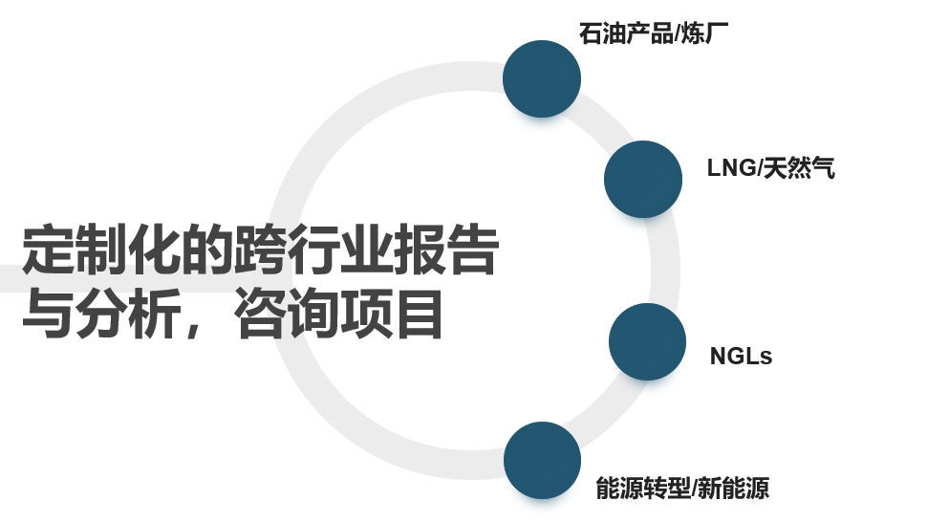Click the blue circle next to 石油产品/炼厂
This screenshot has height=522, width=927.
pyautogui.click(x=542, y=78)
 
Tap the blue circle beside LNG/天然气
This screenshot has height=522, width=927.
pyautogui.click(x=643, y=179)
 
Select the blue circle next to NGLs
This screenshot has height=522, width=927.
pyautogui.click(x=647, y=341)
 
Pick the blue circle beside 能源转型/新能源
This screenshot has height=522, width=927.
pyautogui.click(x=542, y=460)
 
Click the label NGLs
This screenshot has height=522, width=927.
pyautogui.click(x=741, y=357)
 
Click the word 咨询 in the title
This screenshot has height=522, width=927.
pyautogui.click(x=285, y=315)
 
